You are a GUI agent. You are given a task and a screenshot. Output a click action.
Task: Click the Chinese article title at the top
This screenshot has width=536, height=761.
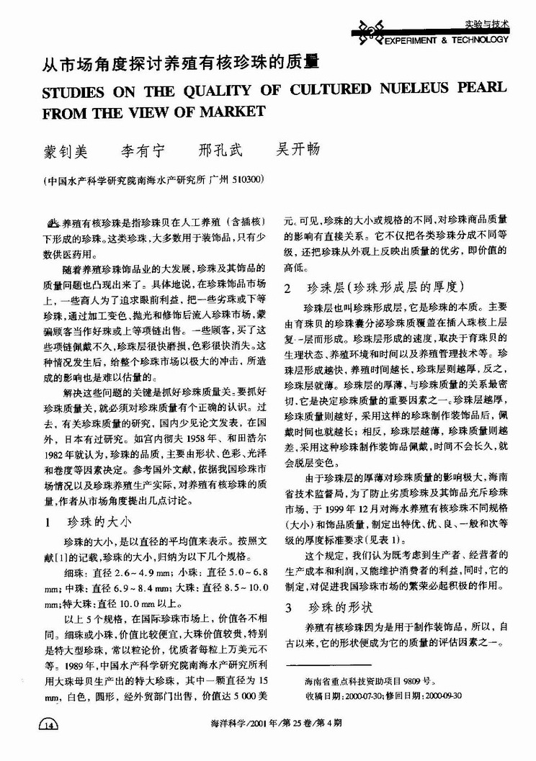pyautogui.click(x=180, y=63)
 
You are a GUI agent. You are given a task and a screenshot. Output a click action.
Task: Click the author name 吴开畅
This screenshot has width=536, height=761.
pyautogui.click(x=298, y=150)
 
